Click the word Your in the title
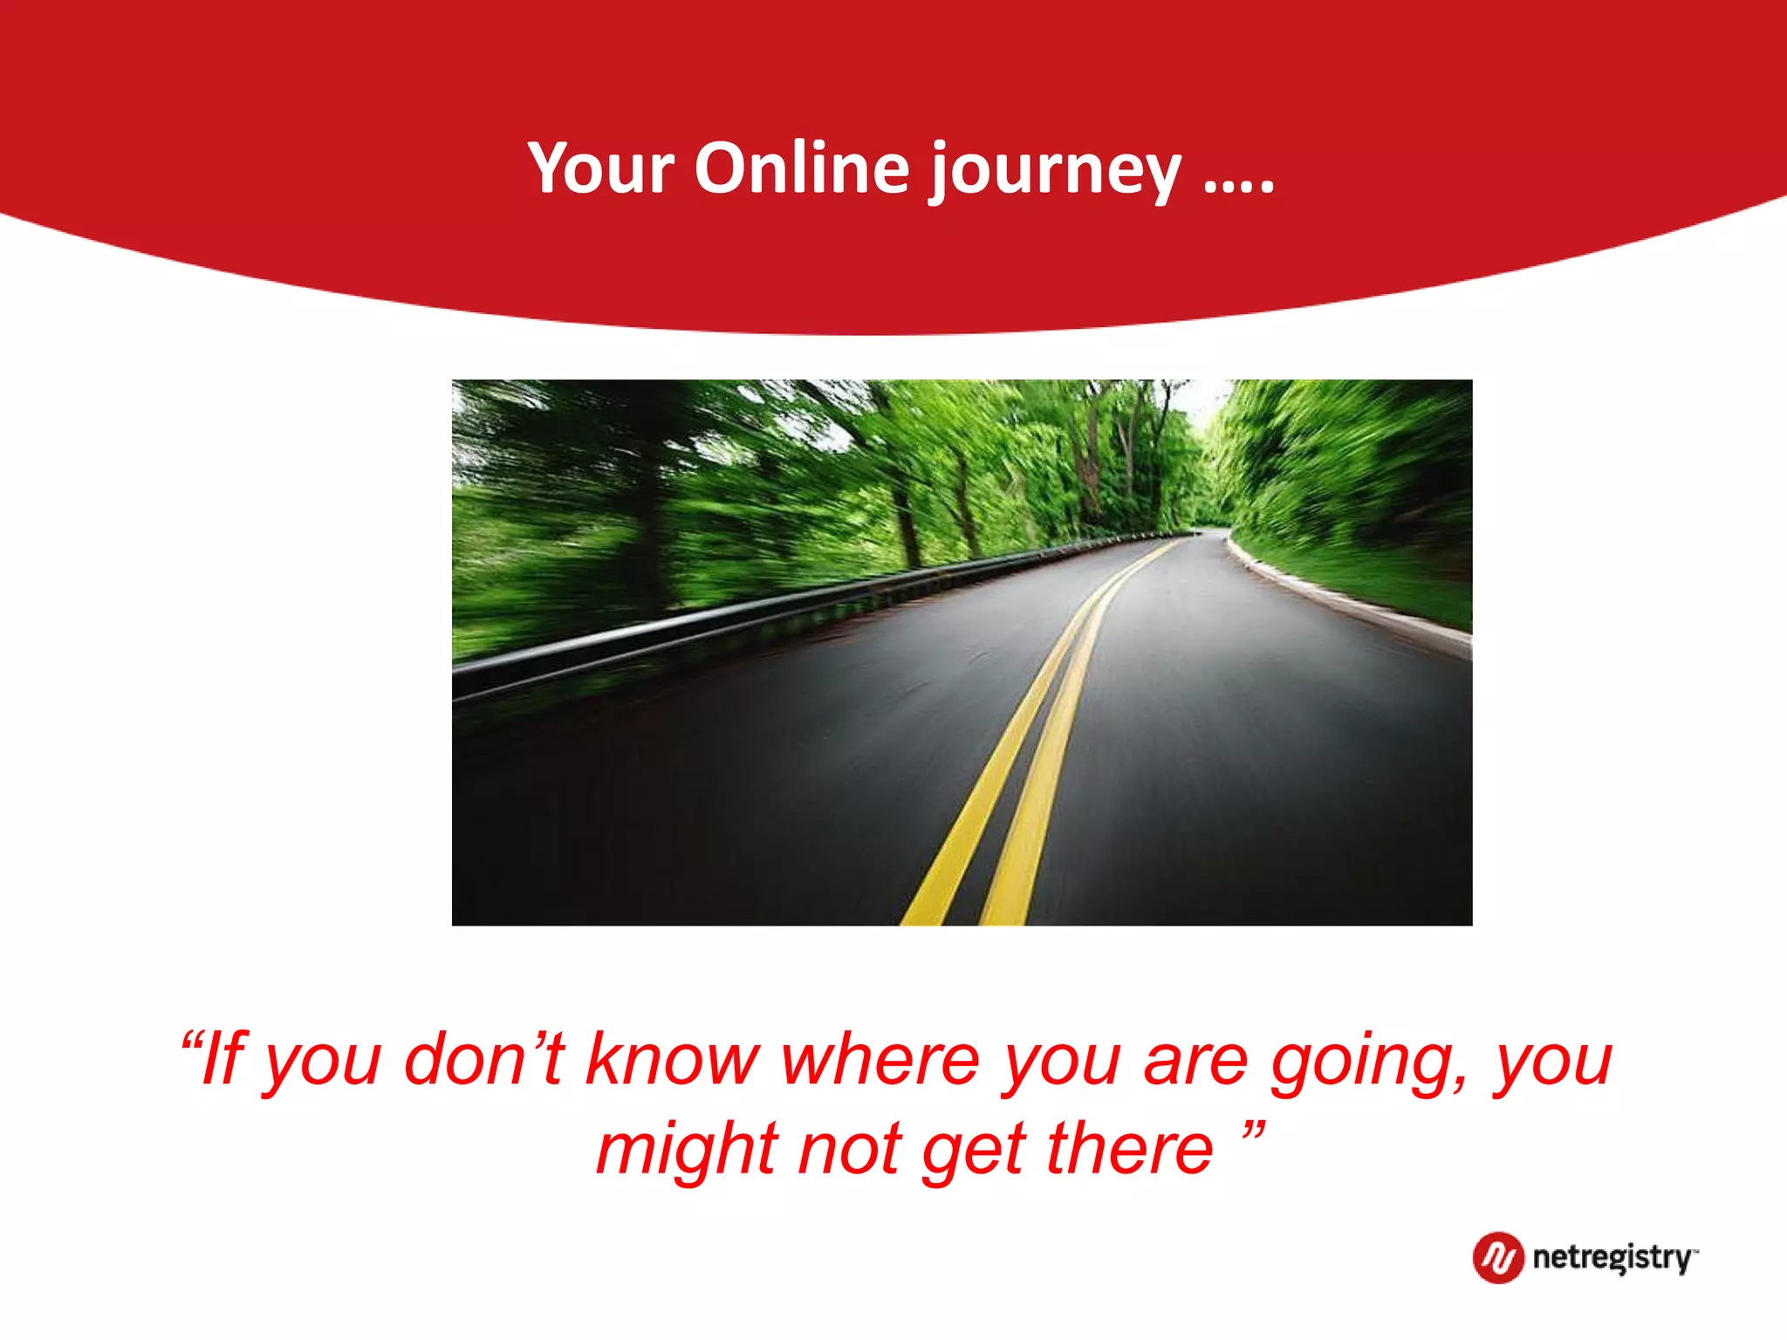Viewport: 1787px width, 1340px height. coord(601,167)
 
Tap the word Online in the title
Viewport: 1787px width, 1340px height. coord(802,167)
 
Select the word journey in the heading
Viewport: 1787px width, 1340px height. coord(1054,170)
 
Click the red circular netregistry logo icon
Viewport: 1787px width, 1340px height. coord(1498,1257)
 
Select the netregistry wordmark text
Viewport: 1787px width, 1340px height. coord(1612,1258)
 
